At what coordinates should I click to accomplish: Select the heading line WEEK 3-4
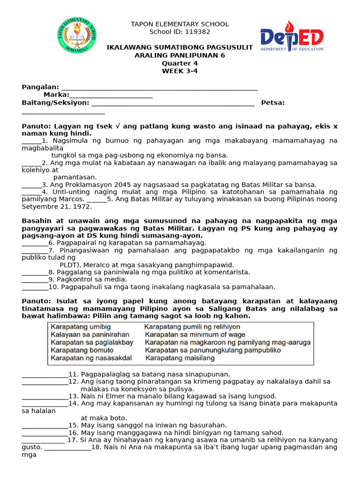[180, 71]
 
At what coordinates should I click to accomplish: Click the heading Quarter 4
[180, 63]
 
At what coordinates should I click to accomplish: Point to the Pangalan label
[40, 87]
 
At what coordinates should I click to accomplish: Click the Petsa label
[273, 103]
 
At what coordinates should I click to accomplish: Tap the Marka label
[56, 95]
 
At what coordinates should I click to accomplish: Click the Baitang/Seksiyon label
[55, 103]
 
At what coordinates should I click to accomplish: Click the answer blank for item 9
[35, 280]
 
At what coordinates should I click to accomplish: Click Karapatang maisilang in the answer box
[180, 358]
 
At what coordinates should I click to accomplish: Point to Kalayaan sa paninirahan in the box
[90, 334]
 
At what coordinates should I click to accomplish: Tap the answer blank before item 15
[45, 426]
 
